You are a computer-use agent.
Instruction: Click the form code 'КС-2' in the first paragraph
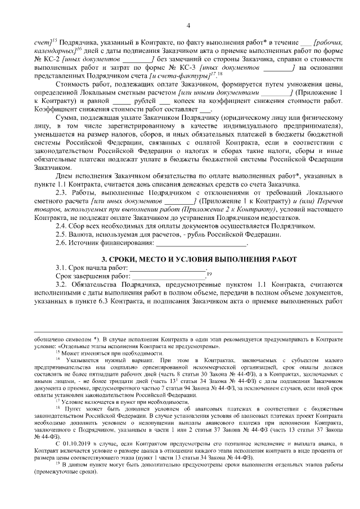tap(51, 58)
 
